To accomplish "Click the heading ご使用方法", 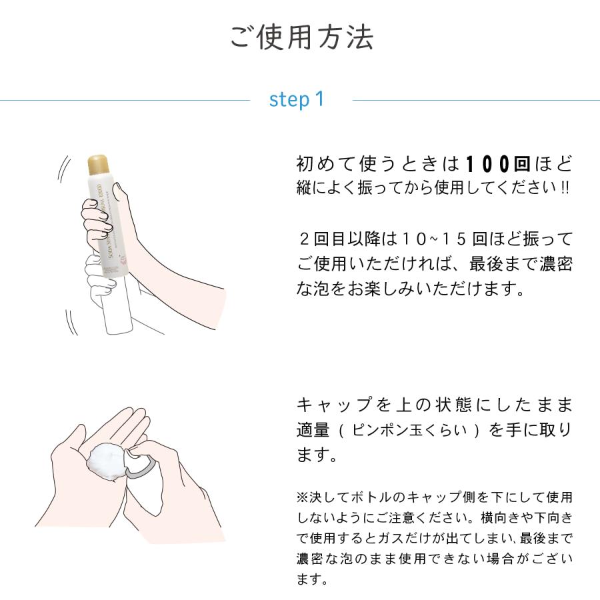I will pyautogui.click(x=301, y=37).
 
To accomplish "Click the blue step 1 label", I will pyautogui.click(x=297, y=99).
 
